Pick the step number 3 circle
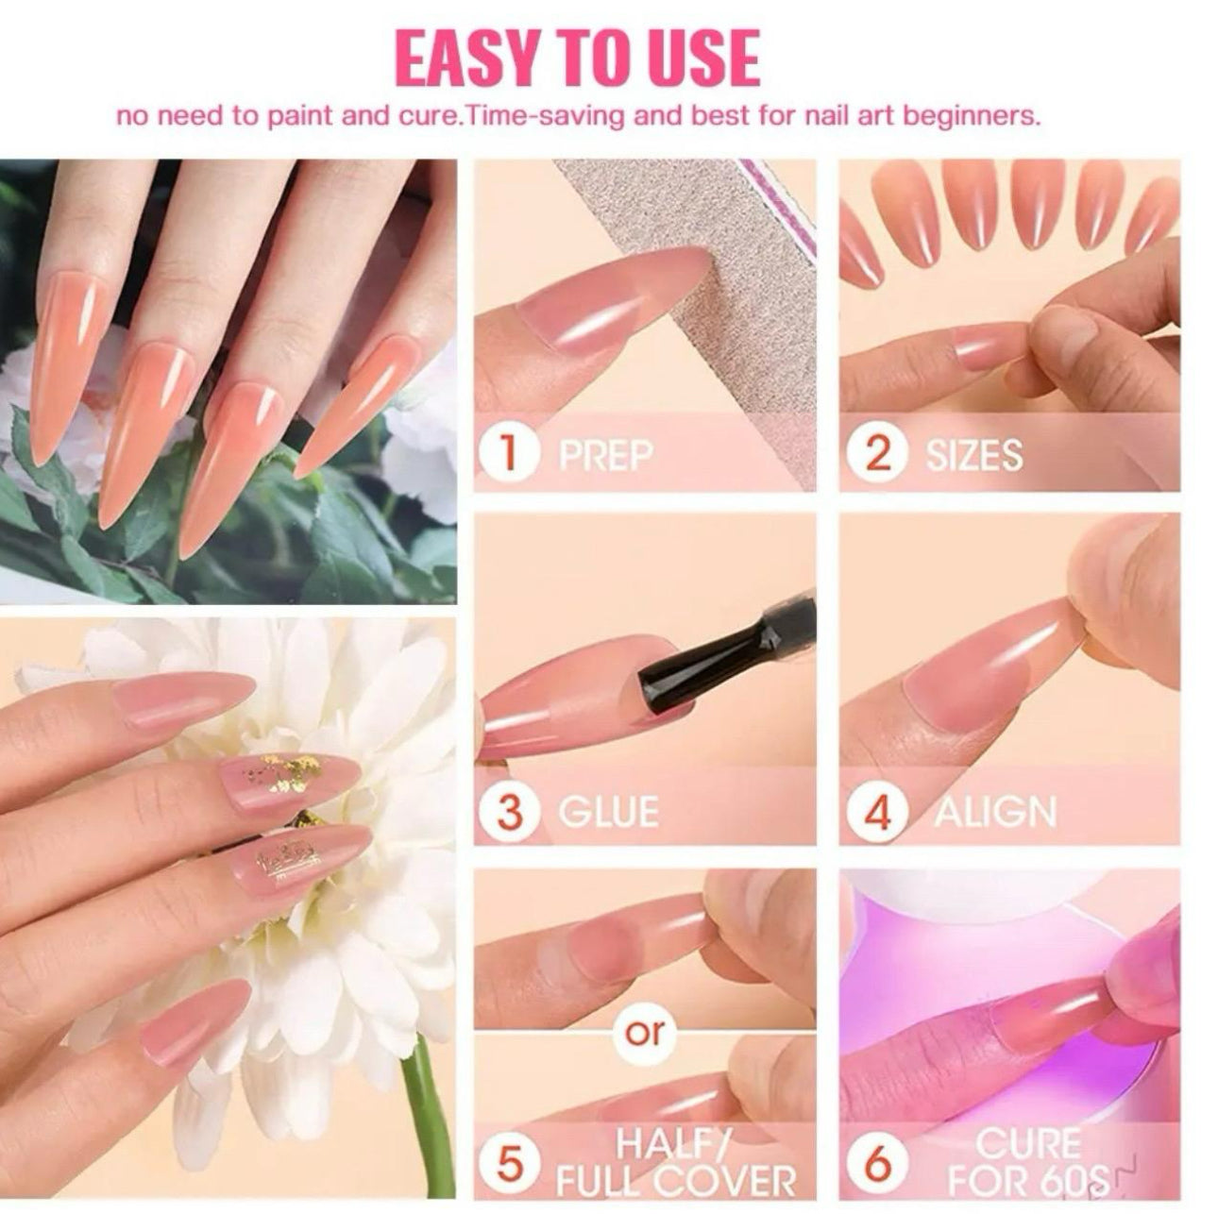tap(508, 812)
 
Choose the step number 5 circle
tap(509, 1164)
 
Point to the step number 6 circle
tap(877, 1164)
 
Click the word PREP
tap(605, 455)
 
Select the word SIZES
tap(973, 455)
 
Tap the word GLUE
tap(608, 812)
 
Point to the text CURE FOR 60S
tap(1027, 1162)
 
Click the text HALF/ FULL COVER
tap(674, 1164)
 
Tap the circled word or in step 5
tap(645, 1032)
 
